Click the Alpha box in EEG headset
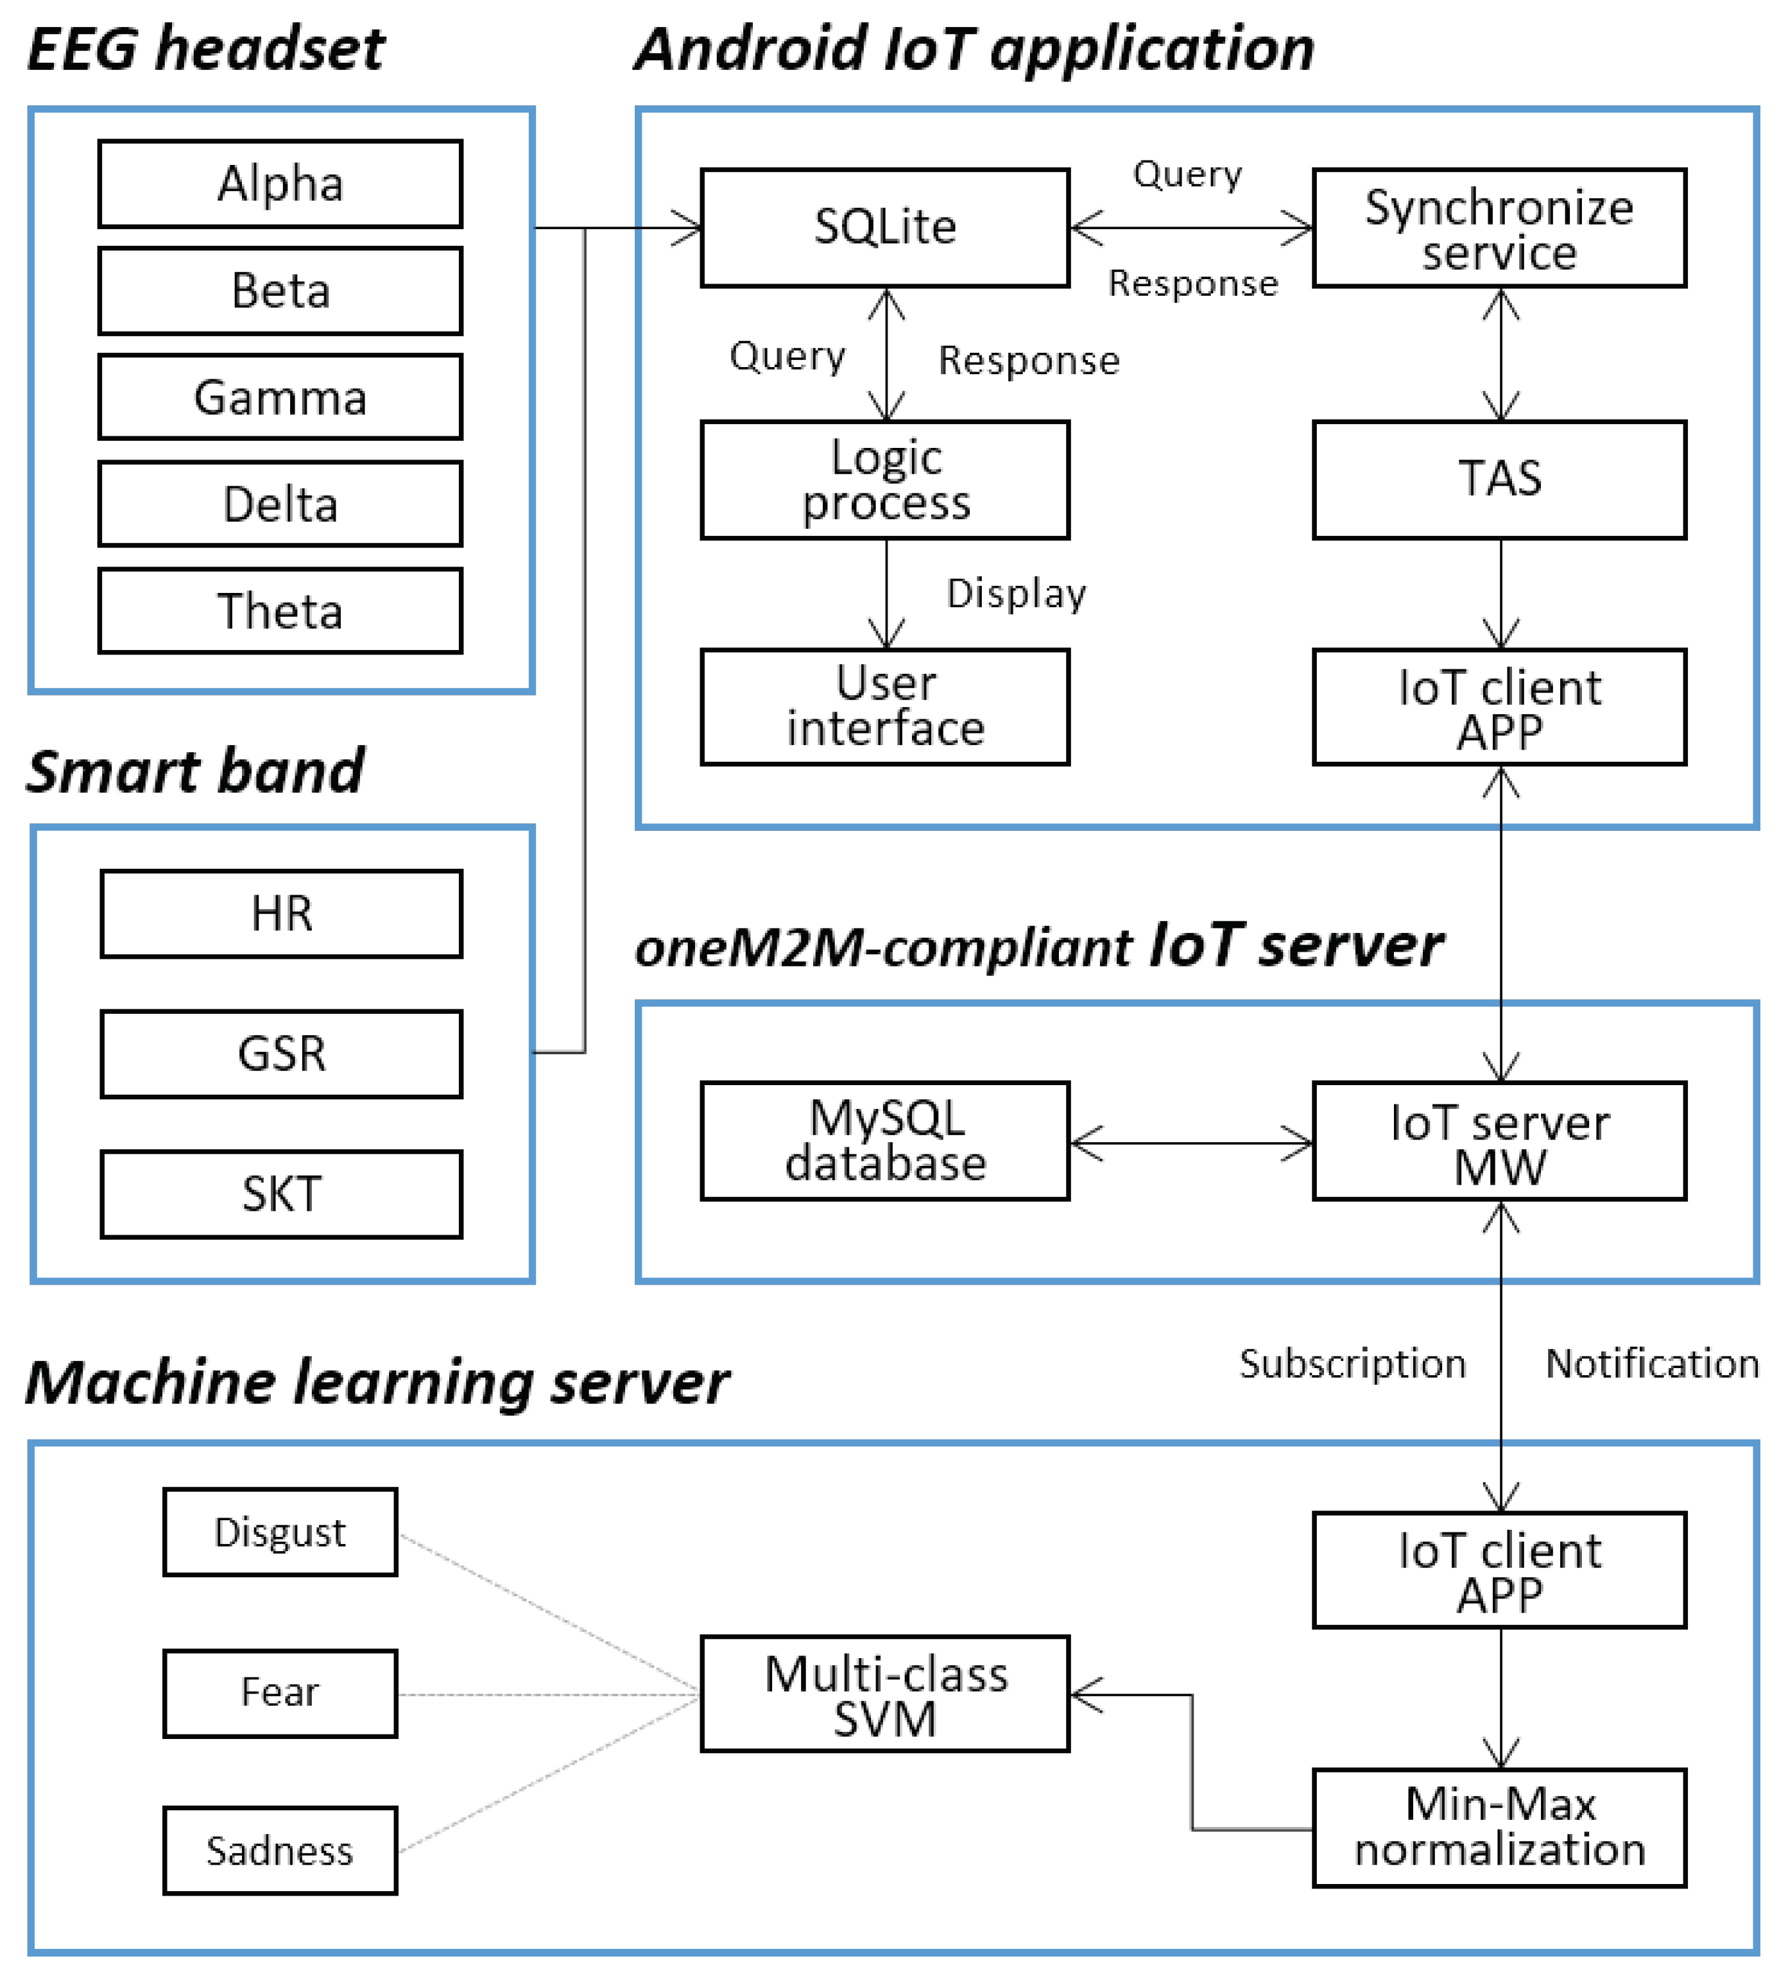[x=280, y=184]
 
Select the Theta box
[x=280, y=611]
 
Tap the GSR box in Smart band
[x=281, y=1053]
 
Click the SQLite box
[x=884, y=228]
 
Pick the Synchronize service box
[x=1499, y=228]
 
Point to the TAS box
[x=1499, y=479]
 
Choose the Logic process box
[x=884, y=479]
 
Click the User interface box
[x=884, y=707]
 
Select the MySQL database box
[x=884, y=1141]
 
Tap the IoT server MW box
[x=1499, y=1141]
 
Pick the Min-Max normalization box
[x=1499, y=1828]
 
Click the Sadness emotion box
[x=280, y=1851]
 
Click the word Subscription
[x=1352, y=1364]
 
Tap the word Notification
[x=1651, y=1364]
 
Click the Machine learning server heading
[x=377, y=1383]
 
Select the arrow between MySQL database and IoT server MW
[x=1190, y=1143]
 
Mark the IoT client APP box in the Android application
[x=1499, y=707]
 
